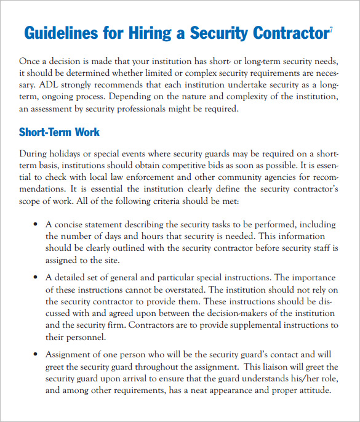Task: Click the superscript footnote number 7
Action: [x=331, y=28]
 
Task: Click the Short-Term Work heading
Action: [x=59, y=132]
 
